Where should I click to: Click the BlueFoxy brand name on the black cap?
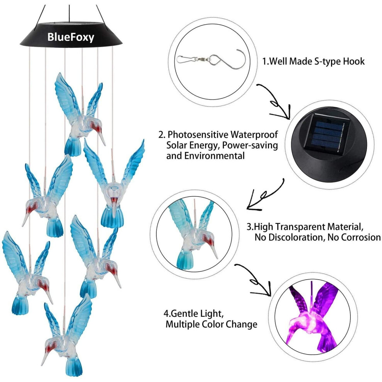(71, 37)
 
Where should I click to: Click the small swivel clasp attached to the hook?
(193, 59)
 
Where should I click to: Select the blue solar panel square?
(328, 132)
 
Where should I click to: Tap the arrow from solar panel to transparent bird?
(265, 195)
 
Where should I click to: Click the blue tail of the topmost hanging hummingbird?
(73, 146)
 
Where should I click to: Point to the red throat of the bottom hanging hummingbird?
(49, 347)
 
